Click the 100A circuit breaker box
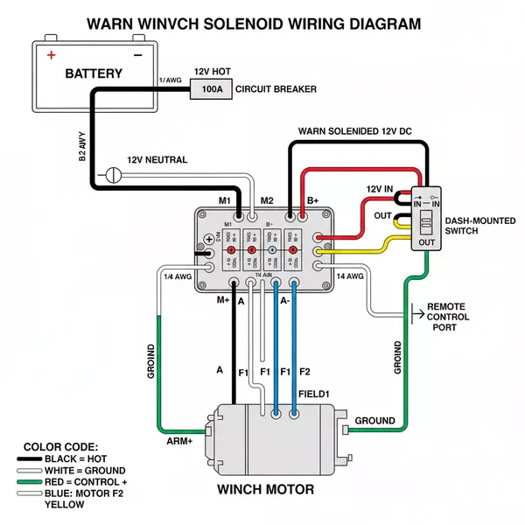click(213, 89)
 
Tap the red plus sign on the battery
click(51, 54)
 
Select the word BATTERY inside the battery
click(94, 73)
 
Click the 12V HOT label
click(213, 71)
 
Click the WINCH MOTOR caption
click(264, 489)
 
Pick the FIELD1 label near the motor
click(313, 394)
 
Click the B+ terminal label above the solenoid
click(312, 201)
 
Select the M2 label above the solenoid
click(267, 201)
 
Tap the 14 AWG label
click(349, 276)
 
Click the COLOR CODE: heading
click(60, 446)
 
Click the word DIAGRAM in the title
click(370, 24)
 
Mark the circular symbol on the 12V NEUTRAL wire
click(111, 174)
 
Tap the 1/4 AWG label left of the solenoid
click(178, 276)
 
